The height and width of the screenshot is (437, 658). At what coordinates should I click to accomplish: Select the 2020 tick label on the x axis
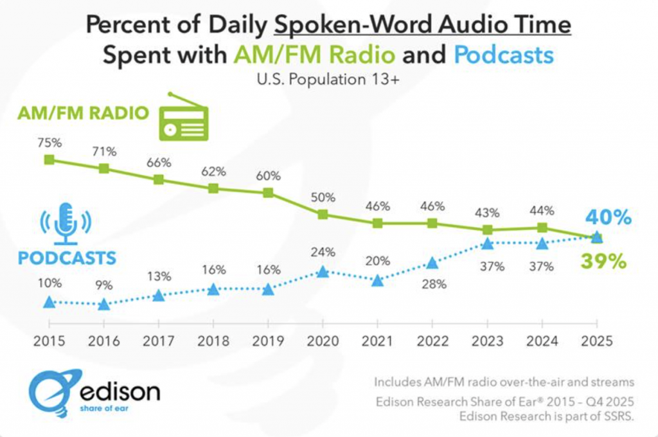[323, 341]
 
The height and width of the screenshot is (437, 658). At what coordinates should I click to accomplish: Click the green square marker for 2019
[268, 193]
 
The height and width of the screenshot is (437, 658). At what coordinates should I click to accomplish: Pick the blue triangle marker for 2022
[432, 263]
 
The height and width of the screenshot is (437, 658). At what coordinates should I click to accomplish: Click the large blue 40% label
[608, 218]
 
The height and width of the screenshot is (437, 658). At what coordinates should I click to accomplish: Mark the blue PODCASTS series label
[67, 258]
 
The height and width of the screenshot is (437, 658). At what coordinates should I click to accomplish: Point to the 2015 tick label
[49, 341]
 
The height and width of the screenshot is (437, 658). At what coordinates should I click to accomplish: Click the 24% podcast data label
[323, 253]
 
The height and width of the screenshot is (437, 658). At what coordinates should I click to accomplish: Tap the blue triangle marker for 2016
[103, 304]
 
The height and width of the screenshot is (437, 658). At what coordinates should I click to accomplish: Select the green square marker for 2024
[542, 227]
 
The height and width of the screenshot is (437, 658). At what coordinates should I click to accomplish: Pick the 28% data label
[432, 283]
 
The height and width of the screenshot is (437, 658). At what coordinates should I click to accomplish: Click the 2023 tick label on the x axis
[487, 341]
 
